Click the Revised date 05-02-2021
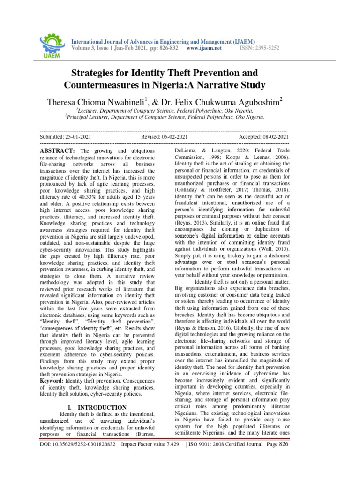[176, 136]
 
